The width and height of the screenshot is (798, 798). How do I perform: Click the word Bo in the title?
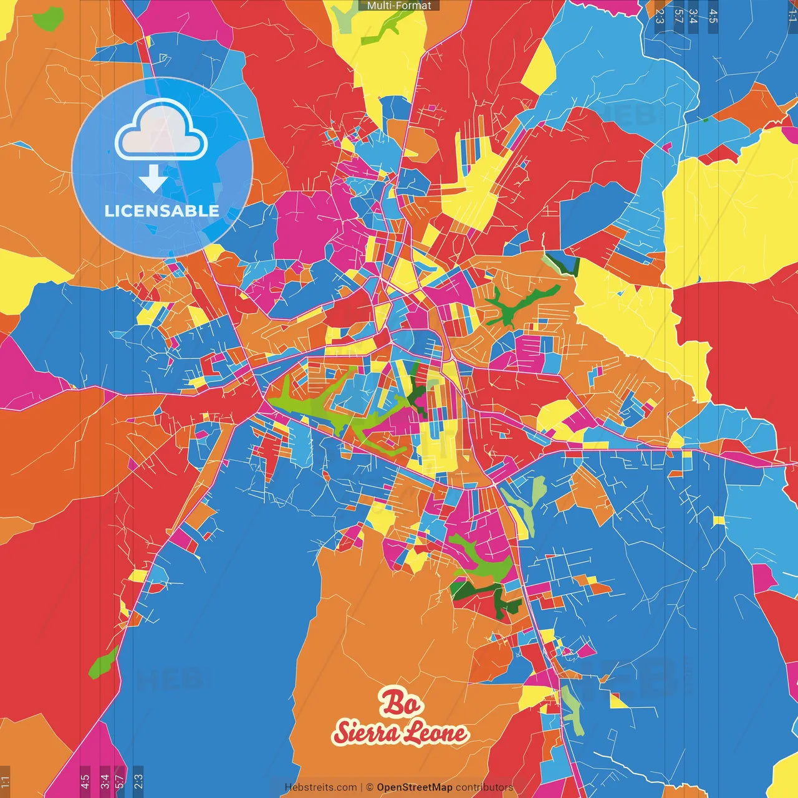point(400,703)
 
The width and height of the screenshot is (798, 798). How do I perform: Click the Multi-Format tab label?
point(399,6)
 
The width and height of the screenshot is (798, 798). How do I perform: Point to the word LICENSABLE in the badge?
point(162,211)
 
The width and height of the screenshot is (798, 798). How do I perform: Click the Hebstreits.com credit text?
point(320,787)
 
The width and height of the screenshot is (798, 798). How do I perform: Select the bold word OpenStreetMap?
point(415,787)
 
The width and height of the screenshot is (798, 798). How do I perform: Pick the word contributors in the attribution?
point(484,787)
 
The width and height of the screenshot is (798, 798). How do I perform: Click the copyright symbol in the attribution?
point(369,787)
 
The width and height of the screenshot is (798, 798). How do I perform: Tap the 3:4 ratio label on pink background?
point(105,780)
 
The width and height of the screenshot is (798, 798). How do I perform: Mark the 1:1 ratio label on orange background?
point(5,781)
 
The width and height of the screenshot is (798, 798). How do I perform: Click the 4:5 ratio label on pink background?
point(85,780)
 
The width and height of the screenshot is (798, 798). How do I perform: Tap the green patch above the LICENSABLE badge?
point(49,19)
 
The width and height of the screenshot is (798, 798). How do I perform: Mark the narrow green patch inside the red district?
point(103,663)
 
